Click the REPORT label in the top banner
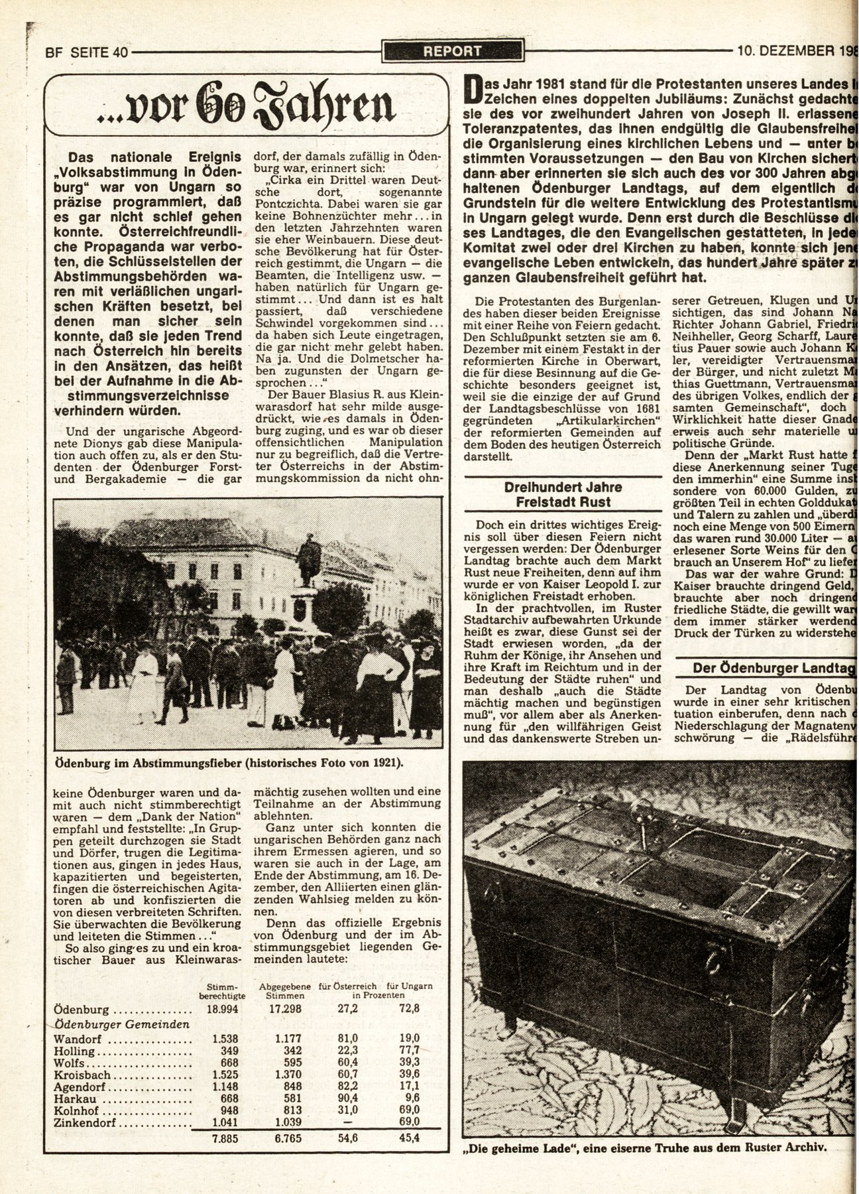[453, 50]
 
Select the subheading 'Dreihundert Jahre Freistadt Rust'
[563, 494]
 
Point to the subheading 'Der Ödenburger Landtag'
[772, 668]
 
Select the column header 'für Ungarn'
[410, 986]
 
